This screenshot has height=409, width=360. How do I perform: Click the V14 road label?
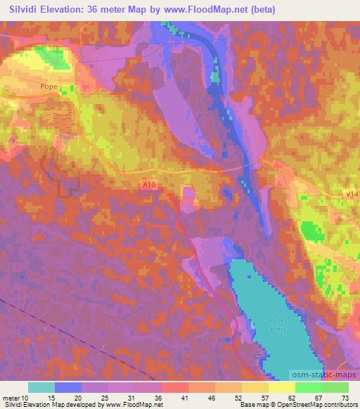pyautogui.click(x=352, y=192)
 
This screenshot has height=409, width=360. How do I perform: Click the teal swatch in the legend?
pyautogui.click(x=41, y=387)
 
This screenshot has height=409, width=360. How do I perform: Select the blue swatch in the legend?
pyautogui.click(x=68, y=387)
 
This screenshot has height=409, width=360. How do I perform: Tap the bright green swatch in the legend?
pyautogui.click(x=308, y=387)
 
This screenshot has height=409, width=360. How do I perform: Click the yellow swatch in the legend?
pyautogui.click(x=281, y=387)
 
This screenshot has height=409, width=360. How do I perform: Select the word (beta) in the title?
pyautogui.click(x=262, y=10)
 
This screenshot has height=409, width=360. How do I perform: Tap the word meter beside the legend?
pyautogui.click(x=11, y=397)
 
